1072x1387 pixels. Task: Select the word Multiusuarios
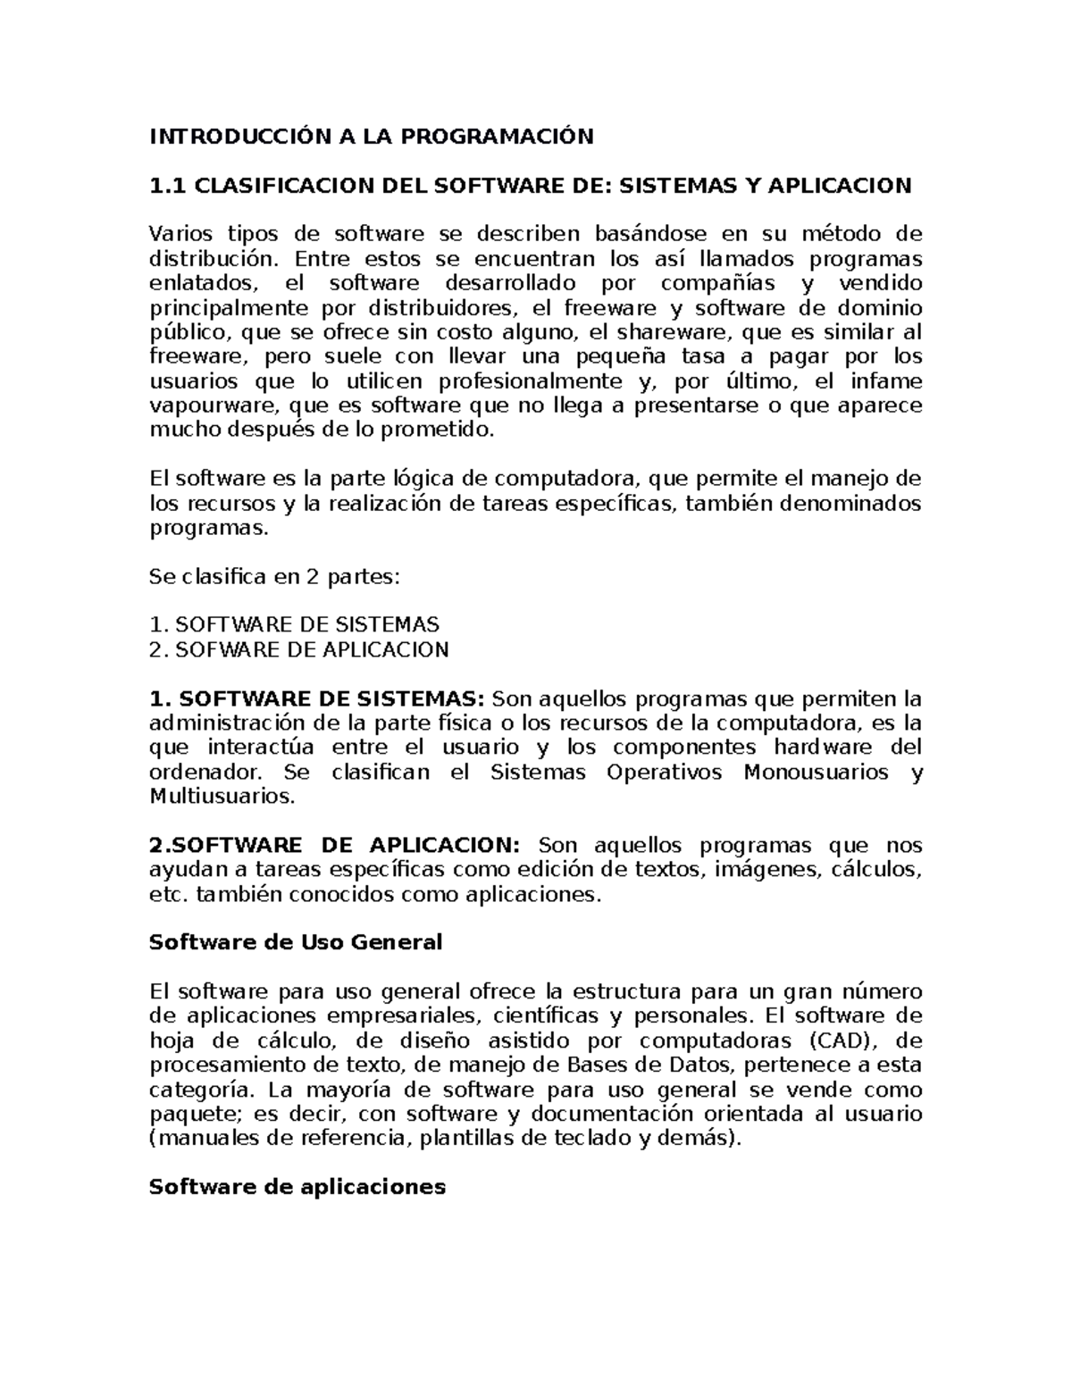coord(221,796)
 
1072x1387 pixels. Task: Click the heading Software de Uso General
coord(295,942)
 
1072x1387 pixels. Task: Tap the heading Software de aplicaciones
coord(297,1187)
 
